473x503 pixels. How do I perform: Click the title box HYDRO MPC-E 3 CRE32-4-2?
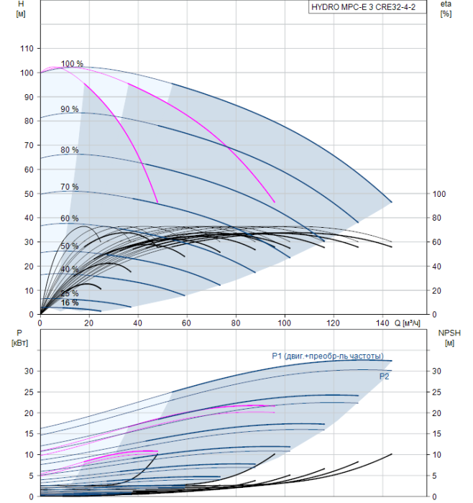[367, 7]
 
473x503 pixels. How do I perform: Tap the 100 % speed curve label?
[72, 63]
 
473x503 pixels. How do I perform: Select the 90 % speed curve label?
[70, 109]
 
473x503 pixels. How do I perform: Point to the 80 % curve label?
[70, 149]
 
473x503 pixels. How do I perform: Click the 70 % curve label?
[70, 187]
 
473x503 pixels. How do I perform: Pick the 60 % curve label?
[70, 218]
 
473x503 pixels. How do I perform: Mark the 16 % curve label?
[70, 303]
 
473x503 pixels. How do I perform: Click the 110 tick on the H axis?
[27, 48]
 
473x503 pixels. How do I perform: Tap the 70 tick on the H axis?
[29, 145]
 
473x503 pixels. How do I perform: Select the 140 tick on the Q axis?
[382, 323]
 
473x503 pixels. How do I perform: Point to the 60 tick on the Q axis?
[186, 323]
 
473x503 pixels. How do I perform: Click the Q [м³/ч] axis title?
[407, 323]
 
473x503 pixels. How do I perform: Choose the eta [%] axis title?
[446, 9]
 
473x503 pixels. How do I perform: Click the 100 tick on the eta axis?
[439, 194]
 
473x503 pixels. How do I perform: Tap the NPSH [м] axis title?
[449, 338]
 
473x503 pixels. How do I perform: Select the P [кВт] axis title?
[19, 338]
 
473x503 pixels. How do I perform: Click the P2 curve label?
[384, 377]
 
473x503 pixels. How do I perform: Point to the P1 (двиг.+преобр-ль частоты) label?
[328, 356]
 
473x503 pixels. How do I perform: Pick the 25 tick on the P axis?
[29, 392]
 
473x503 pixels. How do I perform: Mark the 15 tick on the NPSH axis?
[436, 434]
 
